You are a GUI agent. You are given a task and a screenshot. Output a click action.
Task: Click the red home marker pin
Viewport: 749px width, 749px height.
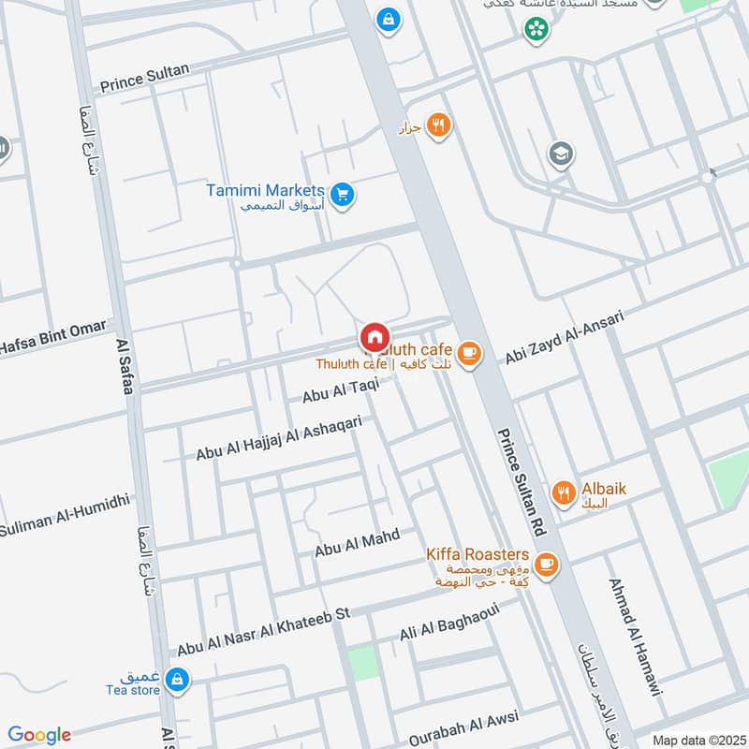(x=374, y=336)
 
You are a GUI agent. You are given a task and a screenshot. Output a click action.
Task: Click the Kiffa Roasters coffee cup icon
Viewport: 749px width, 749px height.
(x=548, y=564)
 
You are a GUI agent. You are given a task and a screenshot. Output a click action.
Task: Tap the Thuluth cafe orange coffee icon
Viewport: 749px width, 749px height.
(x=469, y=353)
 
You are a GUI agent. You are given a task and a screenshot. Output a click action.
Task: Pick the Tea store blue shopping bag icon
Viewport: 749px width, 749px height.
(x=175, y=680)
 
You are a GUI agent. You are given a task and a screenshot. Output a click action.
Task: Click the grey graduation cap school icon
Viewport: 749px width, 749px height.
(x=561, y=154)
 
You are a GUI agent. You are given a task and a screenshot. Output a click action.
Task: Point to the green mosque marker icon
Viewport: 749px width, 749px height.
(x=536, y=30)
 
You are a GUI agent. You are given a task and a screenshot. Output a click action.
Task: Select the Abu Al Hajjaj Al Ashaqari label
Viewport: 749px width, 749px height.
(x=278, y=438)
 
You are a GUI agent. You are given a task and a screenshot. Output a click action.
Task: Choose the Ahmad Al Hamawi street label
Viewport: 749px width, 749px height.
(x=635, y=636)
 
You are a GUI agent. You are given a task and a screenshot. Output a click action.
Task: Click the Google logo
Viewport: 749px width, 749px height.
(x=39, y=735)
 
